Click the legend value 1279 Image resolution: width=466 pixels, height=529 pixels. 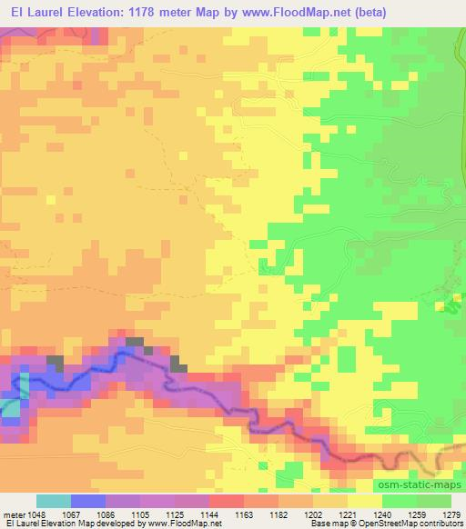coord(451,514)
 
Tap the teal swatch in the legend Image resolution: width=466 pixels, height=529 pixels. coord(53,501)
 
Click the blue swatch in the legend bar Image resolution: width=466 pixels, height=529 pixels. coord(87,501)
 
